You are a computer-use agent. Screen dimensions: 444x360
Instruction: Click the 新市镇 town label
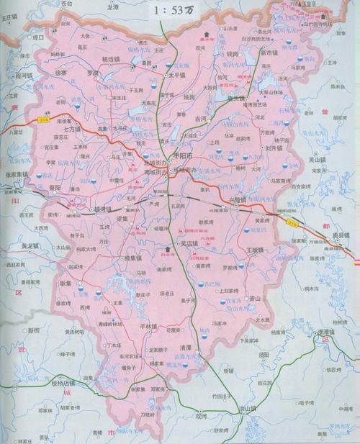pyautogui.click(x=271, y=53)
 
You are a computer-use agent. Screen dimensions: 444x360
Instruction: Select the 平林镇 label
pyautogui.click(x=148, y=326)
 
